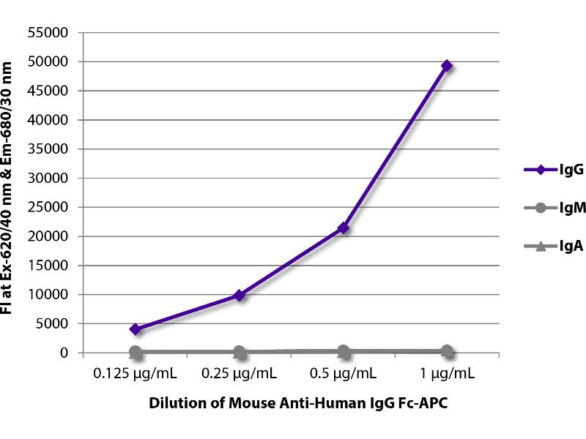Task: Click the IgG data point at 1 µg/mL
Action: point(447,66)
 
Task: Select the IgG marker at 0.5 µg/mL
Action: point(343,228)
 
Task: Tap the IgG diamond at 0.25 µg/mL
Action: point(239,296)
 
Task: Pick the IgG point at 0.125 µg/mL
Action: point(136,329)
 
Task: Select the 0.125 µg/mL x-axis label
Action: point(136,374)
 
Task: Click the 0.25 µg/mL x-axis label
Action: point(239,374)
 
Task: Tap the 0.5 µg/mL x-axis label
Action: point(343,374)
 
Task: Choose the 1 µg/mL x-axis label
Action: point(447,374)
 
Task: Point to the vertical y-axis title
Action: point(10,189)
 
